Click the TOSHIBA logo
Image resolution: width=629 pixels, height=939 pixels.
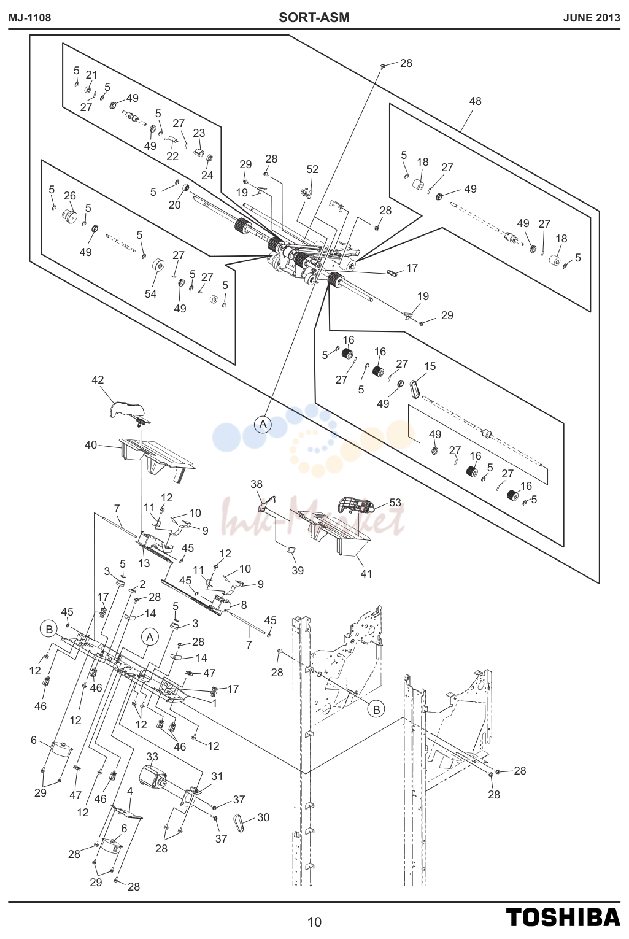[x=563, y=918]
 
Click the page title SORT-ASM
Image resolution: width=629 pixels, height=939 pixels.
[x=314, y=18]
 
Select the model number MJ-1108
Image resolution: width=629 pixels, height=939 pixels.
[x=29, y=18]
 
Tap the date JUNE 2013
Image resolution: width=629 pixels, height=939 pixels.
[x=592, y=18]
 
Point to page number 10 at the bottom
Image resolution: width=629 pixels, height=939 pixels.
[x=314, y=922]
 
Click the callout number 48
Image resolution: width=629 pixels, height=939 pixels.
[x=475, y=101]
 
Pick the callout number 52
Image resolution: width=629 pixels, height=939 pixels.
[x=312, y=169]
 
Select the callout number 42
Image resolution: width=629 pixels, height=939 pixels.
[x=98, y=379]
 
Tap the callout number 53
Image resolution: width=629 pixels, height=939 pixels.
[x=395, y=502]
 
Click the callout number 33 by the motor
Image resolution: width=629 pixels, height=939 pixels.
[x=153, y=757]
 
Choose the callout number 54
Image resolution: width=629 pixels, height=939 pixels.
[x=150, y=294]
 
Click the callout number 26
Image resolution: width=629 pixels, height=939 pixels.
[x=70, y=196]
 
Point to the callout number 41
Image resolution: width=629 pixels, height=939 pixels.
[x=366, y=573]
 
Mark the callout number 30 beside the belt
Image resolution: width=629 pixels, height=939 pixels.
[x=263, y=817]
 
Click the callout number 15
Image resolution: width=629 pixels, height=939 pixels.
[x=430, y=366]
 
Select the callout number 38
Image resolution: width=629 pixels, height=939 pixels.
[x=257, y=484]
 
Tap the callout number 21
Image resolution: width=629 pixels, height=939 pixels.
[x=91, y=75]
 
